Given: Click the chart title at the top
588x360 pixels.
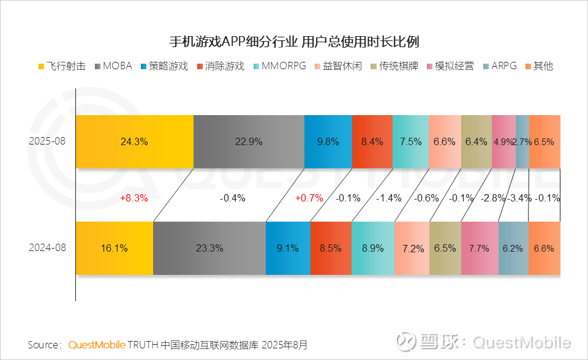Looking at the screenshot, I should (x=294, y=42).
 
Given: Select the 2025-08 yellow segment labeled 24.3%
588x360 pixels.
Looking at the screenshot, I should (x=134, y=141).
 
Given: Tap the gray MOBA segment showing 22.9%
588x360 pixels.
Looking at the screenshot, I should (x=248, y=141).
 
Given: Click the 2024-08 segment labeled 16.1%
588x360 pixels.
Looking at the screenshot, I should (x=114, y=249).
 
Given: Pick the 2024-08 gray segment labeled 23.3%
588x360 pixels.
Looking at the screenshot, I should (x=209, y=249).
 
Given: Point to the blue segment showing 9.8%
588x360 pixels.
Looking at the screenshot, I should (x=328, y=141).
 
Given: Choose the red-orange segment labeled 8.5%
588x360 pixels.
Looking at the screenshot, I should (x=331, y=249).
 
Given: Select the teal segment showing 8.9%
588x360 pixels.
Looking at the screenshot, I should (x=372, y=249).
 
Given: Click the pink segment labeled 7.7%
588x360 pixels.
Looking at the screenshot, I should (x=479, y=249).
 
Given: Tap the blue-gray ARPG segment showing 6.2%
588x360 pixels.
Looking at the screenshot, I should (x=513, y=249).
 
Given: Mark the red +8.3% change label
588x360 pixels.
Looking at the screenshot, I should (x=134, y=198).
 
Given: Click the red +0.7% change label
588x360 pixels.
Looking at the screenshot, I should (x=309, y=198).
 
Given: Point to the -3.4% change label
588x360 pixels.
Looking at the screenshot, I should (x=518, y=198).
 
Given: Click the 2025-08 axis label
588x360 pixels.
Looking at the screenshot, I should (x=47, y=141).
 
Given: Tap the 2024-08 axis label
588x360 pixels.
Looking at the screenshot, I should (x=47, y=249).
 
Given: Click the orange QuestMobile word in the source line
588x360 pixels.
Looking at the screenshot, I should (x=97, y=345).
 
